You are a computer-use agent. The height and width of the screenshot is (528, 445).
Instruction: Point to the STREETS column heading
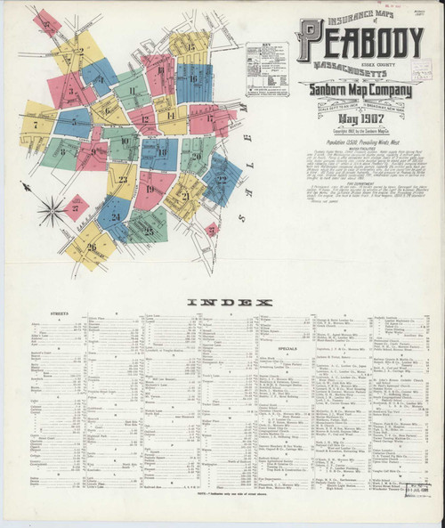(x=41, y=314)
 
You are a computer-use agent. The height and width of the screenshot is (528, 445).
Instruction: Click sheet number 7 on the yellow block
(x=36, y=126)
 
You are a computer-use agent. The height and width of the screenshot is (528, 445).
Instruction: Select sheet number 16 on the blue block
(x=193, y=79)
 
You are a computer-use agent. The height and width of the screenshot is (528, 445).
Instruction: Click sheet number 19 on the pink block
(x=149, y=189)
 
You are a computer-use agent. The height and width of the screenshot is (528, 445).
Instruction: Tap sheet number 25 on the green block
(x=148, y=231)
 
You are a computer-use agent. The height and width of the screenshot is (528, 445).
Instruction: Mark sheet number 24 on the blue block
(x=116, y=216)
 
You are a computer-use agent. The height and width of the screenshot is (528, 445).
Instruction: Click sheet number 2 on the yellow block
(x=79, y=51)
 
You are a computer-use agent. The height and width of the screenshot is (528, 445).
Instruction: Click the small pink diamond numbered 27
(x=75, y=207)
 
